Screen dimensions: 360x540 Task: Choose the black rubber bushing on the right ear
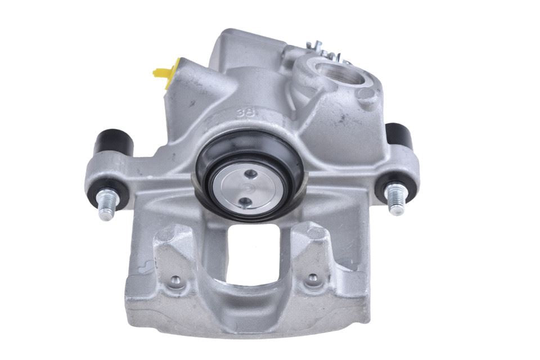400,137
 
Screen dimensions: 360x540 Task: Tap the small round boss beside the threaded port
367,94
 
